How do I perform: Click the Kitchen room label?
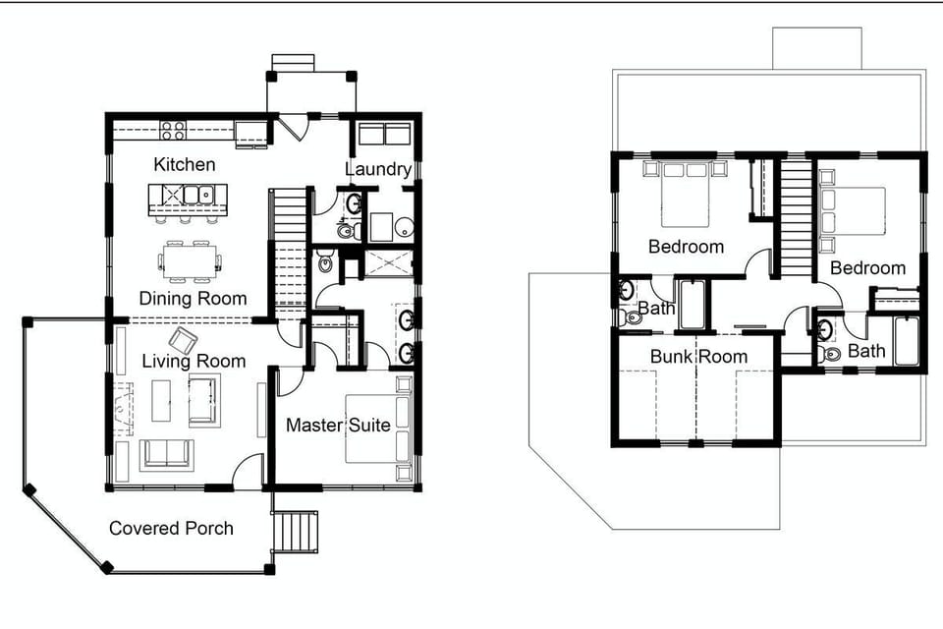184,164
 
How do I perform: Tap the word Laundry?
377,169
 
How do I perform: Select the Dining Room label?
193,298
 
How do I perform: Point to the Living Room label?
194,361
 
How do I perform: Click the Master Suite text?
338,426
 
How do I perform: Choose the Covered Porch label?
171,528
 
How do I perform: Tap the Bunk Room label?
698,356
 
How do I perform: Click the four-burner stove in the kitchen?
174,130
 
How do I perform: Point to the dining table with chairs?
190,258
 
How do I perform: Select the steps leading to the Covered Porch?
296,534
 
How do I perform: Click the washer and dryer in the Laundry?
382,135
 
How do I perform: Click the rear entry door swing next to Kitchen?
292,129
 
